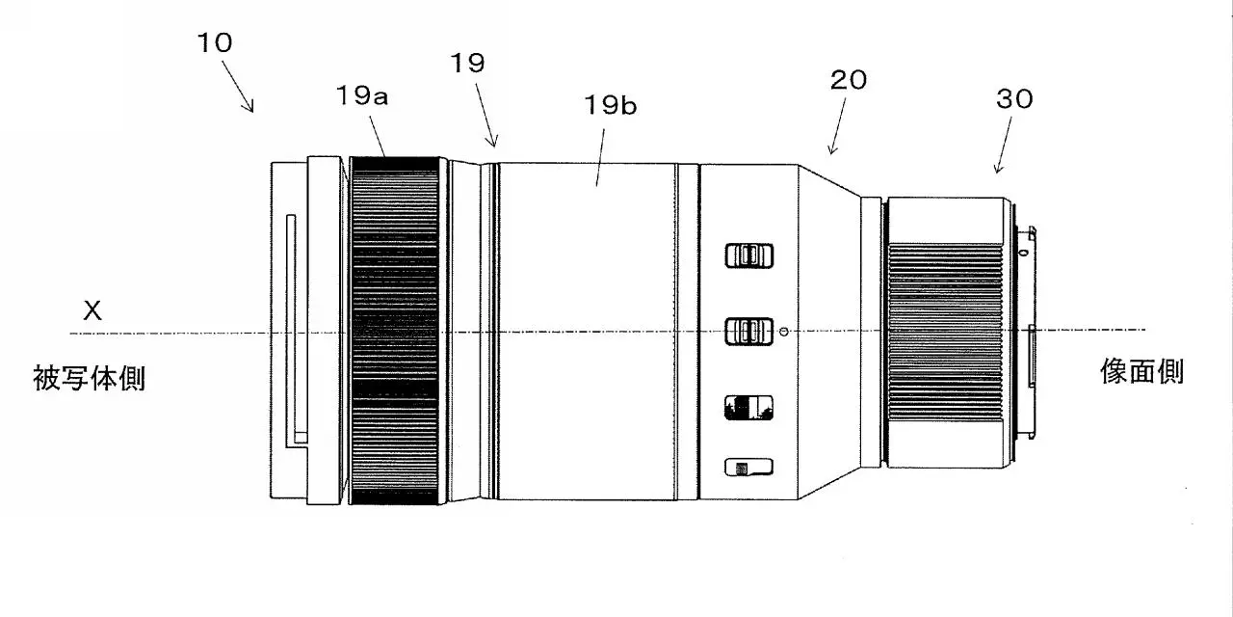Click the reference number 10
pos(215,43)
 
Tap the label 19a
pos(361,95)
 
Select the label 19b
pos(610,105)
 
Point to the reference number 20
pos(849,80)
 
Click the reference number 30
pos(1014,99)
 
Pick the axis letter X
pos(92,310)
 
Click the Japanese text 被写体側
pos(90,378)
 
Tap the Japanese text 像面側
pos(1142,371)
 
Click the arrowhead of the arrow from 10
pos(250,107)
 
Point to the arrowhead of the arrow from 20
pos(831,149)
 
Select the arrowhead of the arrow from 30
pos(998,168)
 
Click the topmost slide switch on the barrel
pos(748,255)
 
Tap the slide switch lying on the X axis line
pos(748,331)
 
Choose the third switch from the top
pos(748,408)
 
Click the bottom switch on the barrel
pos(748,468)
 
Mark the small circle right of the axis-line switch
pos(784,331)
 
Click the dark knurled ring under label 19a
pos(395,331)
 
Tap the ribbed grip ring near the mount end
pos(945,333)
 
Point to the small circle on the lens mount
pos(1023,253)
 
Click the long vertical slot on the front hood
pos(291,325)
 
